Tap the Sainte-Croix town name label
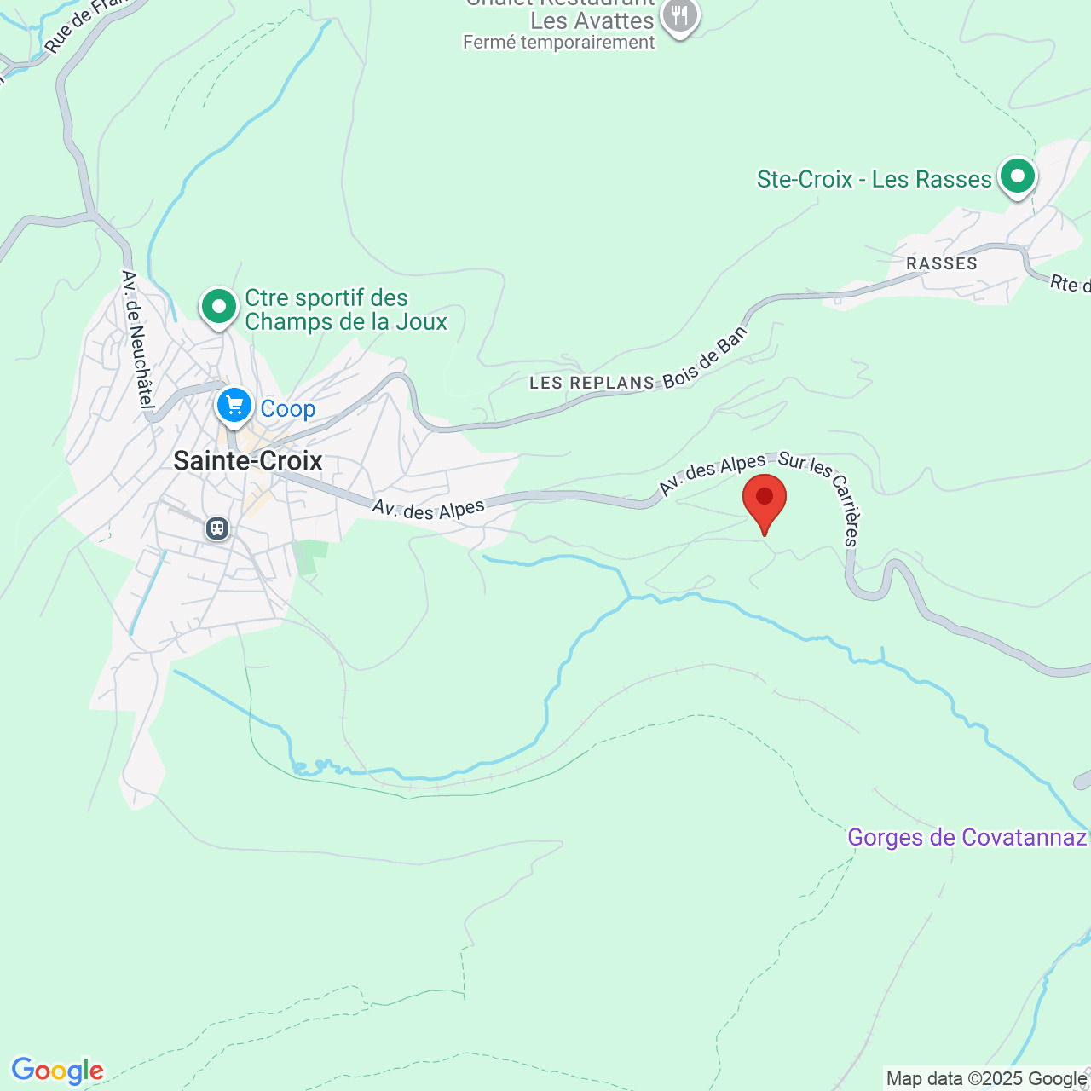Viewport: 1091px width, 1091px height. pos(248,461)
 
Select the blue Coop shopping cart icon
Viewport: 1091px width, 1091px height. pos(234,406)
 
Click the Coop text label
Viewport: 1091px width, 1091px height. pos(288,409)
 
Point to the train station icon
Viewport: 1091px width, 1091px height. pos(217,528)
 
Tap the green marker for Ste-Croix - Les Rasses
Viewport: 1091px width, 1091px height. pos(1017,176)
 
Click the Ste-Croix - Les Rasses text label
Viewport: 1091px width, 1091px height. pos(874,180)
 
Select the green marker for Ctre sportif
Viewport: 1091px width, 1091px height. pos(219,305)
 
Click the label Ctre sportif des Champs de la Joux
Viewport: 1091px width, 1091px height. pos(345,310)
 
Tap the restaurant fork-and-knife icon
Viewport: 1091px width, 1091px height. pos(679,16)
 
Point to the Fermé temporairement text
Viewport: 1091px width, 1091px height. pos(559,43)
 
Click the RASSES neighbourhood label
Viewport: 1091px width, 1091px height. pos(942,263)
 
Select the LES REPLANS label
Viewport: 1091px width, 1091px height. pos(592,383)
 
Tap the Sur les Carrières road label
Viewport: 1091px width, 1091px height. pos(822,494)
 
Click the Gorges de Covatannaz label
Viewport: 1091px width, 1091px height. pos(967,837)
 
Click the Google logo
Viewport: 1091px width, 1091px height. pos(57,1071)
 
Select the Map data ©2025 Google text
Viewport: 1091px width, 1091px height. pos(986,1079)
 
